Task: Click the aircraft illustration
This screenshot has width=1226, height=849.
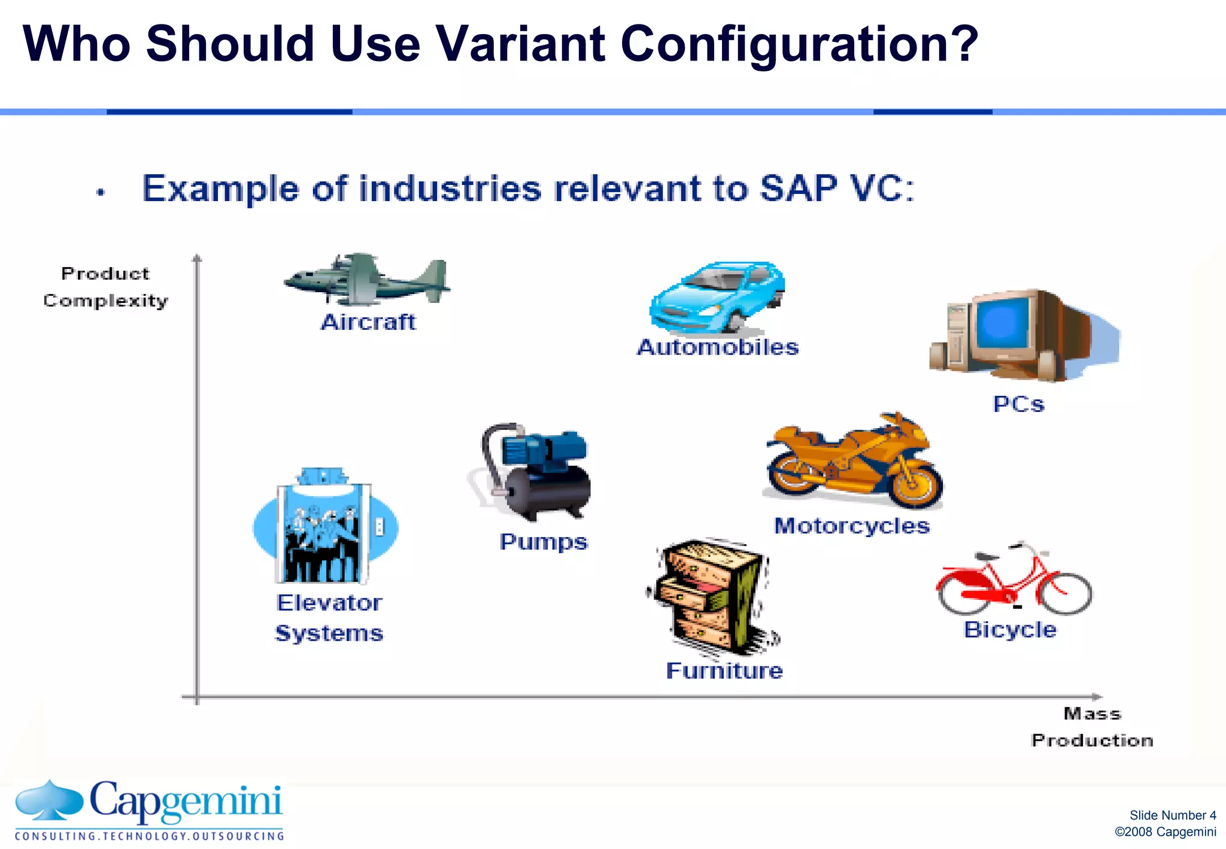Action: pyautogui.click(x=366, y=279)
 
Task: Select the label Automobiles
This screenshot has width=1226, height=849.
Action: pyautogui.click(x=718, y=347)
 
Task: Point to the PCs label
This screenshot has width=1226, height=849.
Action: pyautogui.click(x=1018, y=404)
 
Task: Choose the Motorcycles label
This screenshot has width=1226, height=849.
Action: pyautogui.click(x=852, y=526)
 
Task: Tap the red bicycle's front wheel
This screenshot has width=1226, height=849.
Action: pyautogui.click(x=1064, y=594)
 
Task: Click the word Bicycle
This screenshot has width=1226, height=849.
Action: pyautogui.click(x=1010, y=630)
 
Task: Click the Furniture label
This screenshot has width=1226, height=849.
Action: pyautogui.click(x=724, y=671)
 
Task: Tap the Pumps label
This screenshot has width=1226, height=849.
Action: pyautogui.click(x=544, y=542)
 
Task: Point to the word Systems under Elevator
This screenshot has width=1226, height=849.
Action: pyautogui.click(x=329, y=633)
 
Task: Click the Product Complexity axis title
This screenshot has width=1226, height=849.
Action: pyautogui.click(x=105, y=287)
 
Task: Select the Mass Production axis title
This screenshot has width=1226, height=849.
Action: pyautogui.click(x=1092, y=727)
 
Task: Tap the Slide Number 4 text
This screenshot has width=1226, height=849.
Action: pyautogui.click(x=1172, y=815)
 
